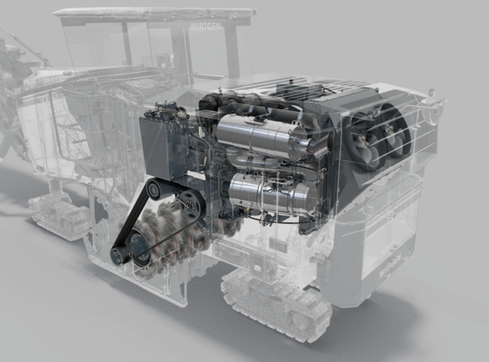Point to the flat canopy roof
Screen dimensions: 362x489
pos(153,14)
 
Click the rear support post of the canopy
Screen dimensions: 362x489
pos(231,51)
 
